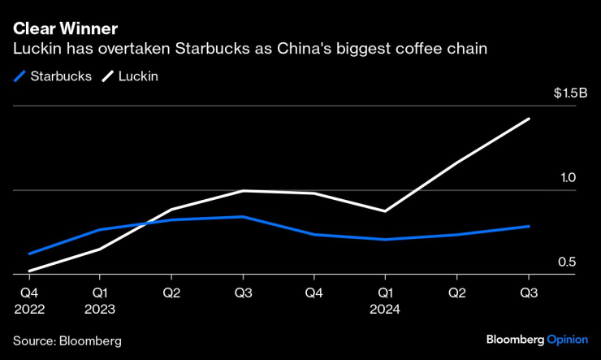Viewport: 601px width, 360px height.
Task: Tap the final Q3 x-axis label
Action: pyautogui.click(x=530, y=291)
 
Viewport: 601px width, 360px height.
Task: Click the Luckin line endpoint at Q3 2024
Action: pyautogui.click(x=530, y=119)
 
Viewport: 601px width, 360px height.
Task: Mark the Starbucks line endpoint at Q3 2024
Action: pyautogui.click(x=530, y=226)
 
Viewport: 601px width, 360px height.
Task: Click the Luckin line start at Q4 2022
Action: pyautogui.click(x=28, y=271)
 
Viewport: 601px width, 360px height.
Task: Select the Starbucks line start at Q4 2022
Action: pyautogui.click(x=28, y=254)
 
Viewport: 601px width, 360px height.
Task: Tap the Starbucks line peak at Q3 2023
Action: pyautogui.click(x=243, y=217)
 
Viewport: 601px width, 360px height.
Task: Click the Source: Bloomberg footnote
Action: pyautogui.click(x=67, y=340)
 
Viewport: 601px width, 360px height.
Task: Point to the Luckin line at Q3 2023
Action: pyautogui.click(x=243, y=191)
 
